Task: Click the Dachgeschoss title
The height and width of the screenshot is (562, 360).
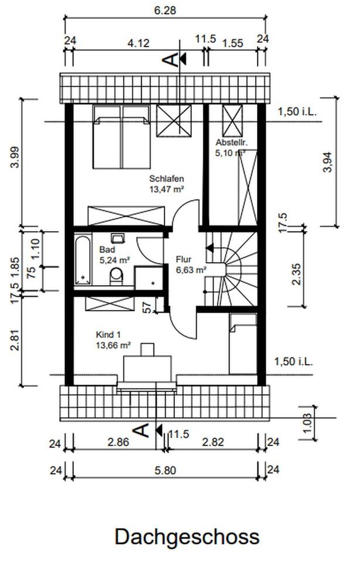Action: [x=187, y=537]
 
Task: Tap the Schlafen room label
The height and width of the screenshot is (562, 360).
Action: [x=167, y=179]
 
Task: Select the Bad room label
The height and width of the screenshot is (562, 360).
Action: [x=107, y=249]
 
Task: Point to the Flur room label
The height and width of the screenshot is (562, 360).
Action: [x=184, y=259]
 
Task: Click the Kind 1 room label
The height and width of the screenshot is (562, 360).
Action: [x=108, y=335]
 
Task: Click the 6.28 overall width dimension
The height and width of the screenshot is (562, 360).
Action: [x=165, y=11]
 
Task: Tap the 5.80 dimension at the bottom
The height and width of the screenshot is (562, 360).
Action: [x=165, y=470]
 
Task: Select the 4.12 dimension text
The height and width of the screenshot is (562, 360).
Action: [x=138, y=43]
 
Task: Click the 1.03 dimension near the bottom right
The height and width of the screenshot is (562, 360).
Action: [x=307, y=423]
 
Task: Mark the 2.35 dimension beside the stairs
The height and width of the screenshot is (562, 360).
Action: [x=297, y=274]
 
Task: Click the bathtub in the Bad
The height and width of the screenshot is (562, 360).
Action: [x=83, y=260]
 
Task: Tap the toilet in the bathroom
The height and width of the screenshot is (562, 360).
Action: [x=116, y=276]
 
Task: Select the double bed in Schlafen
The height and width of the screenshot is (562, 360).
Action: [x=122, y=136]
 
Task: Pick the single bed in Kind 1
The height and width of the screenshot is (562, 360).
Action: [x=243, y=344]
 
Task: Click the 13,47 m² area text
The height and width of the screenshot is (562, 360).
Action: [x=167, y=189]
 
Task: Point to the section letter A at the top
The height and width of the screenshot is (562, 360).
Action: [x=171, y=60]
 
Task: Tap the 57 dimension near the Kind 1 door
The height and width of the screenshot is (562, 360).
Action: [x=147, y=307]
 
